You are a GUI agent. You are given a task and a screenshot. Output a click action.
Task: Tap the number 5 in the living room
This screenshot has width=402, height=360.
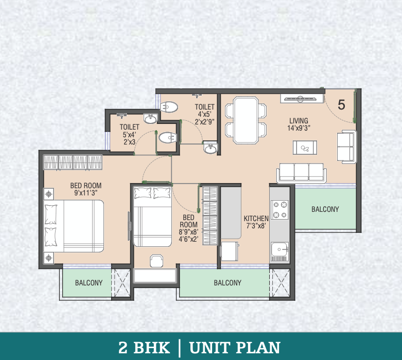coord(341,104)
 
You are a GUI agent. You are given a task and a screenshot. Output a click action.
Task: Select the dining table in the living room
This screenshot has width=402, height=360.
coord(245,120)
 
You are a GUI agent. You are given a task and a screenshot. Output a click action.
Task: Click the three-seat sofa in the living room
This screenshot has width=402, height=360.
coord(302,173)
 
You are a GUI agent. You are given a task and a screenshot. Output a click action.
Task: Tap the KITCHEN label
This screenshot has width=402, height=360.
coord(256,218)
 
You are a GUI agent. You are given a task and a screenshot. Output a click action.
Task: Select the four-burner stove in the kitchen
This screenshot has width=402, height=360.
coord(280,210)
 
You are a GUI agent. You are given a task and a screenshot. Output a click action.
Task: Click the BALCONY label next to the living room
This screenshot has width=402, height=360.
coord(325,209)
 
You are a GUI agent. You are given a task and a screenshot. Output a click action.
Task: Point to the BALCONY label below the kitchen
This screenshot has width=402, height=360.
coord(227,283)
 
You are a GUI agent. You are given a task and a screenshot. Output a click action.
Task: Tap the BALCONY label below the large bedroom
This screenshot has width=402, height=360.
coord(89,283)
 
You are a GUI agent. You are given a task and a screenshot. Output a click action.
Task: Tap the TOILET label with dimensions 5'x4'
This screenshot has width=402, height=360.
coord(129,126)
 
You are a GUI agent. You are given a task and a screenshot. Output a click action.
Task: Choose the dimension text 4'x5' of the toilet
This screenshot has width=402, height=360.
coord(204,115)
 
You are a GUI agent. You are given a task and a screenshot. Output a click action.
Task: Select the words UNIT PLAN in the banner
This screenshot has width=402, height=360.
coord(234,347)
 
